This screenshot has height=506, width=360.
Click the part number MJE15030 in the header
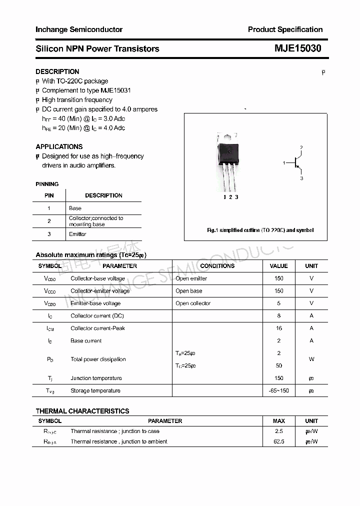click(297, 48)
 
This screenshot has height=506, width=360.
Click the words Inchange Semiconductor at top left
click(79, 29)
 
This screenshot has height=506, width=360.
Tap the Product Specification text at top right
click(285, 29)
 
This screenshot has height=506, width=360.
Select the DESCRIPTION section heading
click(57, 71)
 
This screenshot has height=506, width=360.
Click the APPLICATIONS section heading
click(59, 146)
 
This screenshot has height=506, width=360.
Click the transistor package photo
click(227, 161)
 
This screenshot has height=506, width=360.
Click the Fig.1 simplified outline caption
click(260, 230)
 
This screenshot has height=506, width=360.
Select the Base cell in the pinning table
click(75, 208)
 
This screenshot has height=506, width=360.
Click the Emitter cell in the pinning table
click(77, 234)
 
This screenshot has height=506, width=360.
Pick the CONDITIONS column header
click(217, 266)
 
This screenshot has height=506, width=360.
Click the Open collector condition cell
click(193, 303)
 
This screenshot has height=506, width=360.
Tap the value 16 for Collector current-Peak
click(279, 328)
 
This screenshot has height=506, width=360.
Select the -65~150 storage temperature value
click(278, 391)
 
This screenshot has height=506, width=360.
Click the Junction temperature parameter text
click(96, 378)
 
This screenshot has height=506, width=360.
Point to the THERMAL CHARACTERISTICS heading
click(82, 411)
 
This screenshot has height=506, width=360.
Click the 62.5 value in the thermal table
click(278, 441)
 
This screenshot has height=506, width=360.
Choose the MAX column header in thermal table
click(278, 421)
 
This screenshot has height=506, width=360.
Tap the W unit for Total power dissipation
click(311, 359)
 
